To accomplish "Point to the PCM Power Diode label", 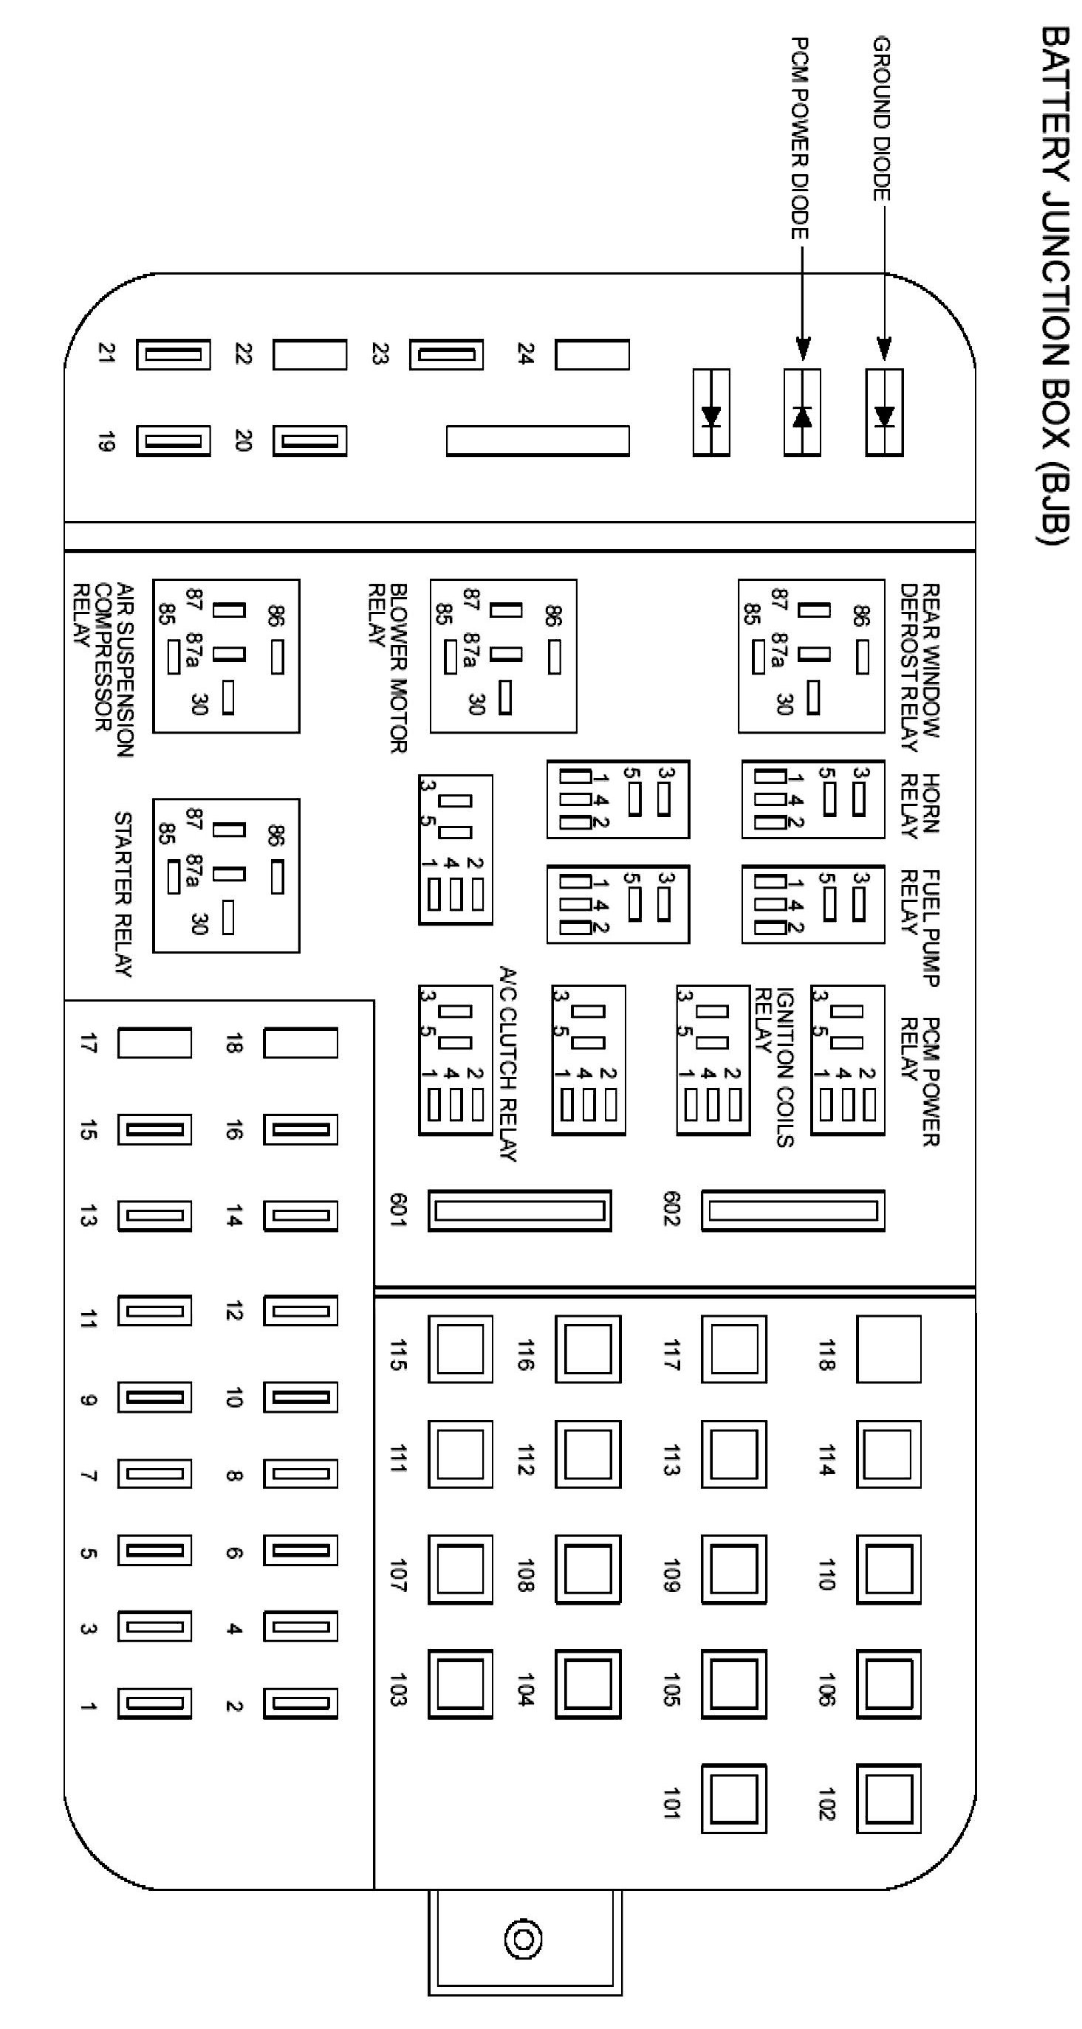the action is [799, 138].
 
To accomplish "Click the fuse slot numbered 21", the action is [174, 354].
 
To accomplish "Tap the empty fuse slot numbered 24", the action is [592, 354].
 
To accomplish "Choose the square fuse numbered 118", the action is [888, 1348].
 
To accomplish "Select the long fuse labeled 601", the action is [519, 1210].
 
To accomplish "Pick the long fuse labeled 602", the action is [792, 1210].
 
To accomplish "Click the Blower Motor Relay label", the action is [388, 668].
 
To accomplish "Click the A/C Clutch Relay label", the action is [508, 1064].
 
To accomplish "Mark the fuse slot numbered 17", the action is [154, 1043].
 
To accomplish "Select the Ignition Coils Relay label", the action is [774, 1067].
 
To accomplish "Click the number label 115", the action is [398, 1354].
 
